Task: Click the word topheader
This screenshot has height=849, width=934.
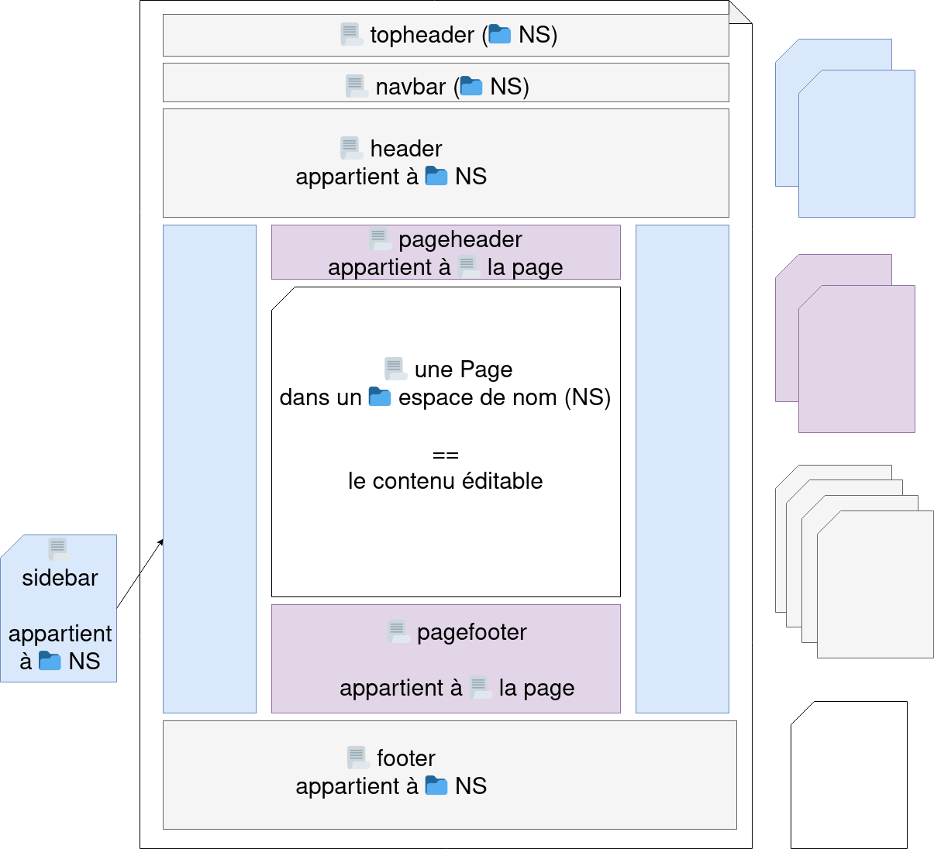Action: point(422,35)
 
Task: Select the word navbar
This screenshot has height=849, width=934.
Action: point(410,86)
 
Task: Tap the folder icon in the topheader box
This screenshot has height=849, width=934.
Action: point(499,34)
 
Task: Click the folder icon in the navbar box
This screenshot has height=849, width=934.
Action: point(471,86)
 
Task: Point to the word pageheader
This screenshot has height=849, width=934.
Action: point(460,239)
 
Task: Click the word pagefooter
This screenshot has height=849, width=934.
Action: point(471,632)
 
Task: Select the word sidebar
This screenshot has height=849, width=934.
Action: point(60,578)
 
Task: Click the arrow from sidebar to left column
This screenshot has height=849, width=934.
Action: point(152,555)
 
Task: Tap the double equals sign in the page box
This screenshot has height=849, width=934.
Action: point(445,455)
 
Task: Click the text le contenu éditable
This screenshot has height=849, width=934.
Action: point(445,481)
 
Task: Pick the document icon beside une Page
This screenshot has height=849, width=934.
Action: point(395,369)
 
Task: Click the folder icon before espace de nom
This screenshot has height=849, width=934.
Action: point(379,397)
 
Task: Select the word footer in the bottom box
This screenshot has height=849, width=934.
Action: point(405,758)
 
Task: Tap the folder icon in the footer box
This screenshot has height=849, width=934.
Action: point(436,785)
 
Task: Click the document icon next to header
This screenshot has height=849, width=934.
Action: point(350,148)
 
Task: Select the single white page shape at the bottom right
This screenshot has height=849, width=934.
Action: point(849,775)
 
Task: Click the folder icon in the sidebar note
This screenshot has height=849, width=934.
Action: point(50,661)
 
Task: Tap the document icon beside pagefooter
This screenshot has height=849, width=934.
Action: point(398,632)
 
